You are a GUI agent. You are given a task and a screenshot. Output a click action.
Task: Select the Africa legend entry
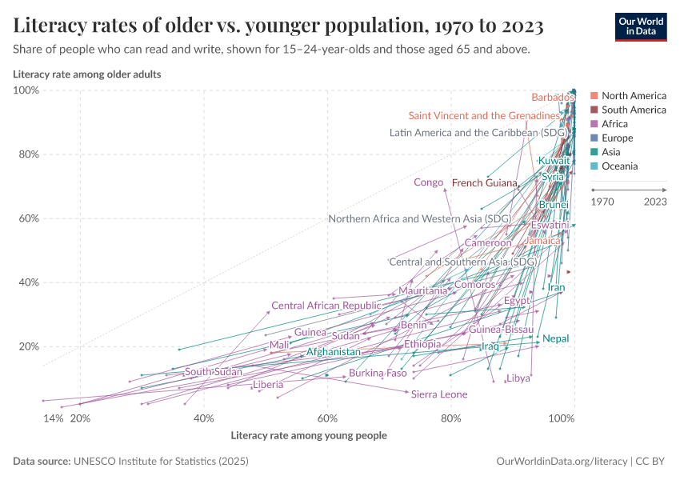[614, 124]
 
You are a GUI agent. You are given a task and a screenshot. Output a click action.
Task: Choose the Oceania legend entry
[619, 166]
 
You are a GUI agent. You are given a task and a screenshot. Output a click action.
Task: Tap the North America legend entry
[633, 96]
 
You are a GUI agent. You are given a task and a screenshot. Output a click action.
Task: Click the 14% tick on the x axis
[53, 418]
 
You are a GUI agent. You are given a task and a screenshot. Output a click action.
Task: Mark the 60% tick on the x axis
[327, 418]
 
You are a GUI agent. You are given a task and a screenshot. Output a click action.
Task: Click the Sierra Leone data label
[438, 394]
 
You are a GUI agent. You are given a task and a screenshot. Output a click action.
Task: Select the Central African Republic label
[326, 306]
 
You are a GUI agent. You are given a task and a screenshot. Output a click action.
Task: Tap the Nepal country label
[555, 339]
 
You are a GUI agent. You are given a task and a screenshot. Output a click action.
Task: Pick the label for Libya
[518, 378]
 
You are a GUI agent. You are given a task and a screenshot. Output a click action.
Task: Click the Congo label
[428, 182]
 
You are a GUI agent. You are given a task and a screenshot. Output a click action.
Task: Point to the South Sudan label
[213, 372]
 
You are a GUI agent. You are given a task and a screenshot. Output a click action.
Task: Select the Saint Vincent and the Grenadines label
[484, 116]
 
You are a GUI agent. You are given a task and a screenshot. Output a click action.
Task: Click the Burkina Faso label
[378, 374]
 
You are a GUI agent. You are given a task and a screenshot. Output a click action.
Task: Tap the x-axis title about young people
[309, 436]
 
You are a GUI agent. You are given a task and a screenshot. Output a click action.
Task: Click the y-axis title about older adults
[87, 74]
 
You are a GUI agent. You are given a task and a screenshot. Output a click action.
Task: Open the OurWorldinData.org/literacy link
[561, 462]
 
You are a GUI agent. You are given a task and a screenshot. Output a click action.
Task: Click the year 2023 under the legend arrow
[655, 202]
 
